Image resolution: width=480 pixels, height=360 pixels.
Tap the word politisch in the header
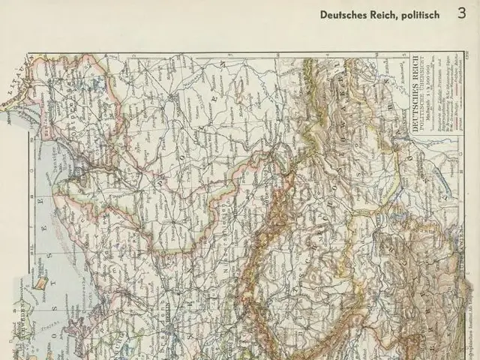(421, 14)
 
